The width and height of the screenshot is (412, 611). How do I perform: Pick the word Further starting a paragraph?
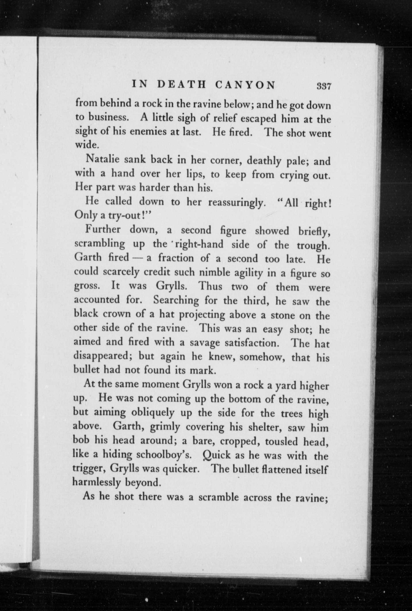pyautogui.click(x=103, y=230)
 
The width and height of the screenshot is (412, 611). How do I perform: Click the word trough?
pyautogui.click(x=313, y=246)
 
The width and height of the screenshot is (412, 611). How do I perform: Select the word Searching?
pyautogui.click(x=176, y=300)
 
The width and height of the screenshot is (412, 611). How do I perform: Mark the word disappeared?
pyautogui.click(x=103, y=356)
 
